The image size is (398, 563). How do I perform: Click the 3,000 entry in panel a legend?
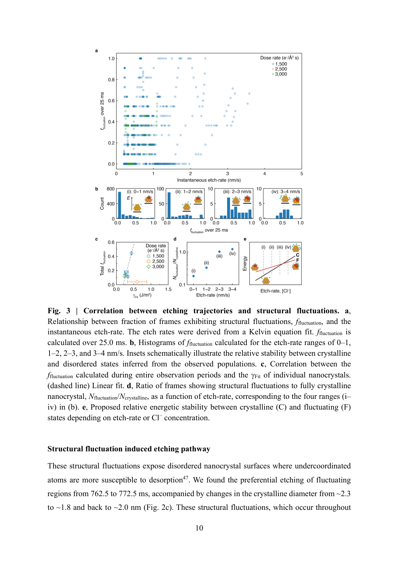click(281, 74)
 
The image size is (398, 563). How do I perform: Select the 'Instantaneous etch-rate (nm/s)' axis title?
click(209, 180)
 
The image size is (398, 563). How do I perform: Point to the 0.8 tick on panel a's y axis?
click(111, 80)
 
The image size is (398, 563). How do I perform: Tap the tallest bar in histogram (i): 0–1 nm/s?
click(119, 205)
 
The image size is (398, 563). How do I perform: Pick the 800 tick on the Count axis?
click(110, 189)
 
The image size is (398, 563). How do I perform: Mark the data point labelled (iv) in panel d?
click(232, 249)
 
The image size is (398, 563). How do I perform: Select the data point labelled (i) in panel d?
click(193, 276)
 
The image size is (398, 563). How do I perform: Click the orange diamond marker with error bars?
click(137, 282)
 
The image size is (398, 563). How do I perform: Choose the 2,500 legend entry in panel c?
click(158, 261)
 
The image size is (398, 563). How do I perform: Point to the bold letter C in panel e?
click(298, 255)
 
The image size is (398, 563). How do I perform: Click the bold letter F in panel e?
click(298, 260)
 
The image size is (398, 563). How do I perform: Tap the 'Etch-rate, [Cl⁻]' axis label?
click(275, 291)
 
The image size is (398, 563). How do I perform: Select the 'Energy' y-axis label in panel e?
click(245, 263)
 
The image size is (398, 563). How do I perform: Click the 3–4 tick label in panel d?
click(232, 289)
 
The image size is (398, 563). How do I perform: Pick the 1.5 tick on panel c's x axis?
click(168, 290)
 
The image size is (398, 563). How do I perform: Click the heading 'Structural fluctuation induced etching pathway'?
click(129, 449)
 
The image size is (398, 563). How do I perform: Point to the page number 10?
click(199, 528)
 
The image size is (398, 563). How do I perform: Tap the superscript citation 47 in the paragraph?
click(186, 478)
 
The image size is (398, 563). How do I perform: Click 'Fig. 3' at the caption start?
click(59, 311)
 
